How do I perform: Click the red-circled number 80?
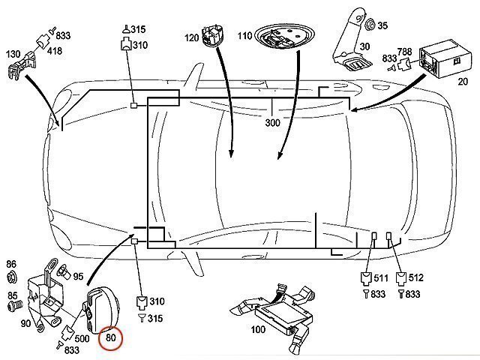click(112, 338)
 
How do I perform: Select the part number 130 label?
click(14, 54)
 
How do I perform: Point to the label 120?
click(191, 37)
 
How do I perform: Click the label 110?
click(244, 36)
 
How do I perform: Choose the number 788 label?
click(405, 51)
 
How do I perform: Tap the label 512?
click(415, 277)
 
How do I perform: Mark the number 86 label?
click(11, 264)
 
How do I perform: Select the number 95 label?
click(77, 276)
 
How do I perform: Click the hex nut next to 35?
click(370, 25)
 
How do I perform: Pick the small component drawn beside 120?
click(214, 35)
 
